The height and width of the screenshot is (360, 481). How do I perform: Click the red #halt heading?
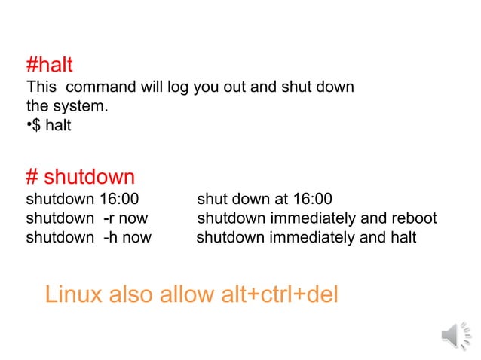point(49,65)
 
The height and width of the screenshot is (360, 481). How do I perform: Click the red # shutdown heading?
point(80,178)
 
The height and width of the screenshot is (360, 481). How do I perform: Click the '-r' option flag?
point(109,218)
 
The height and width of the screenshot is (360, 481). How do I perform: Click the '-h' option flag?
point(109,238)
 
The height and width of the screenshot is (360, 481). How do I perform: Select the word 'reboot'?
point(412,218)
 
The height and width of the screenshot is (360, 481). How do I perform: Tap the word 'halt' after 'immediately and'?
point(400,238)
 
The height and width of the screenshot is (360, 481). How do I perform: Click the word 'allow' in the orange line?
point(187,294)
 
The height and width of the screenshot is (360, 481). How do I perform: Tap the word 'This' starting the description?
point(41,87)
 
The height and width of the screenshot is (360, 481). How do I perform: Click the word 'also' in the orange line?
point(132,294)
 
